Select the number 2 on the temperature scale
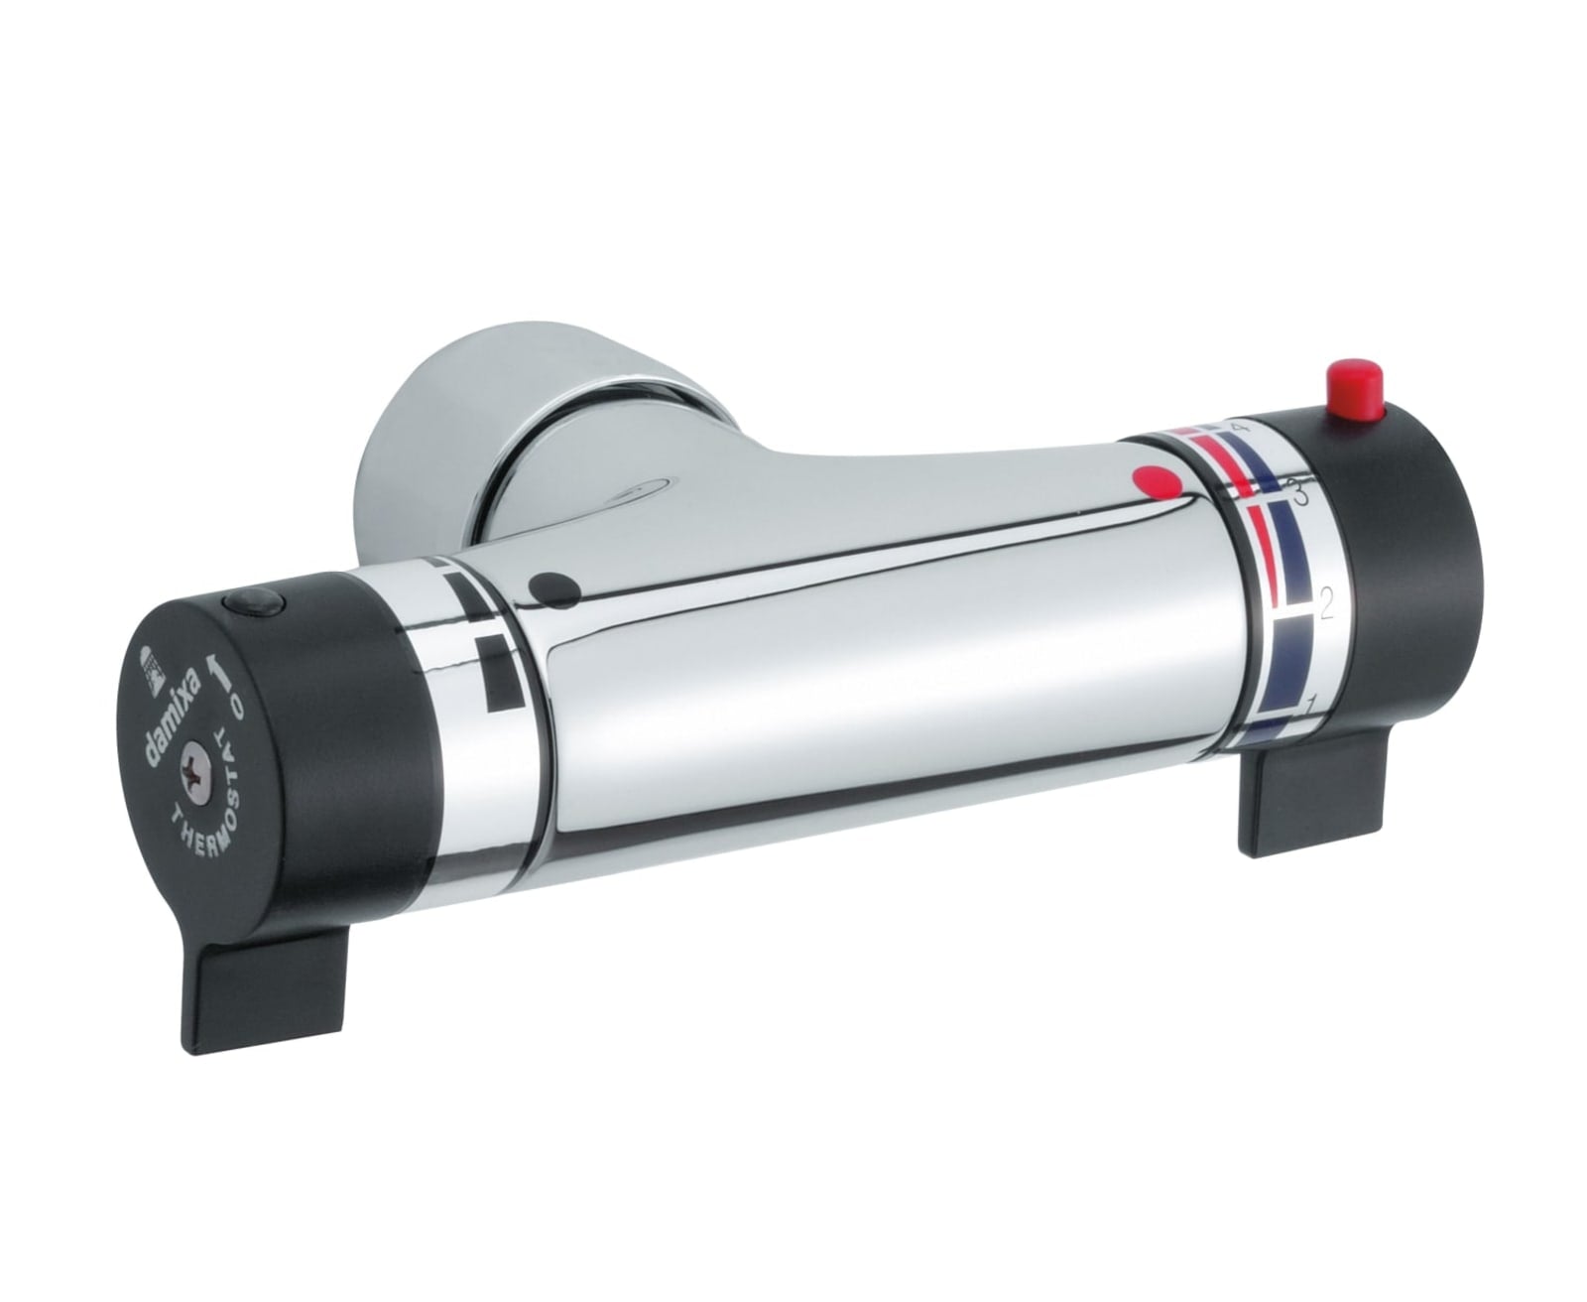pos(1325,604)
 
